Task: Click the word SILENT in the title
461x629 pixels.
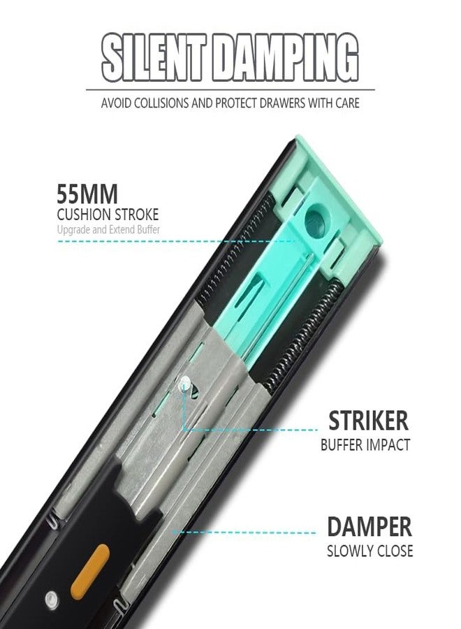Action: coord(154,58)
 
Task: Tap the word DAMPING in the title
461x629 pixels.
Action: coord(284,58)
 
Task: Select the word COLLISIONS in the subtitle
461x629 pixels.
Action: coord(161,103)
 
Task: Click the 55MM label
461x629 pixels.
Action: coord(87,194)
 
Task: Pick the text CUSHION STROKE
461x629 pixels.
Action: coord(108,215)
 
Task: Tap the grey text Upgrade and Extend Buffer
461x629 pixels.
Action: coord(108,230)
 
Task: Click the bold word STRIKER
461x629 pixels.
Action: coord(368,421)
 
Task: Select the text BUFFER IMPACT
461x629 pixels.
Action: coord(365,445)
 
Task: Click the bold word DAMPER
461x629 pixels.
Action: coord(369,527)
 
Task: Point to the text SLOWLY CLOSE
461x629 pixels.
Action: coord(369,551)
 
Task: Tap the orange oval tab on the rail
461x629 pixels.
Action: coord(90,572)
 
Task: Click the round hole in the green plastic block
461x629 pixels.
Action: coord(316,220)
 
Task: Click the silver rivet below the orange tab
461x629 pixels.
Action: coord(51,600)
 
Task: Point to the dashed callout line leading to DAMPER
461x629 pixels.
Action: coord(244,533)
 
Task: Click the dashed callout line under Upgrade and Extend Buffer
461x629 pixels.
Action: coord(177,241)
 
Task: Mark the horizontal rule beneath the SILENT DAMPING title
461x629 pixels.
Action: coord(230,90)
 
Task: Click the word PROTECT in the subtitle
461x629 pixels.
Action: coord(235,103)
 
